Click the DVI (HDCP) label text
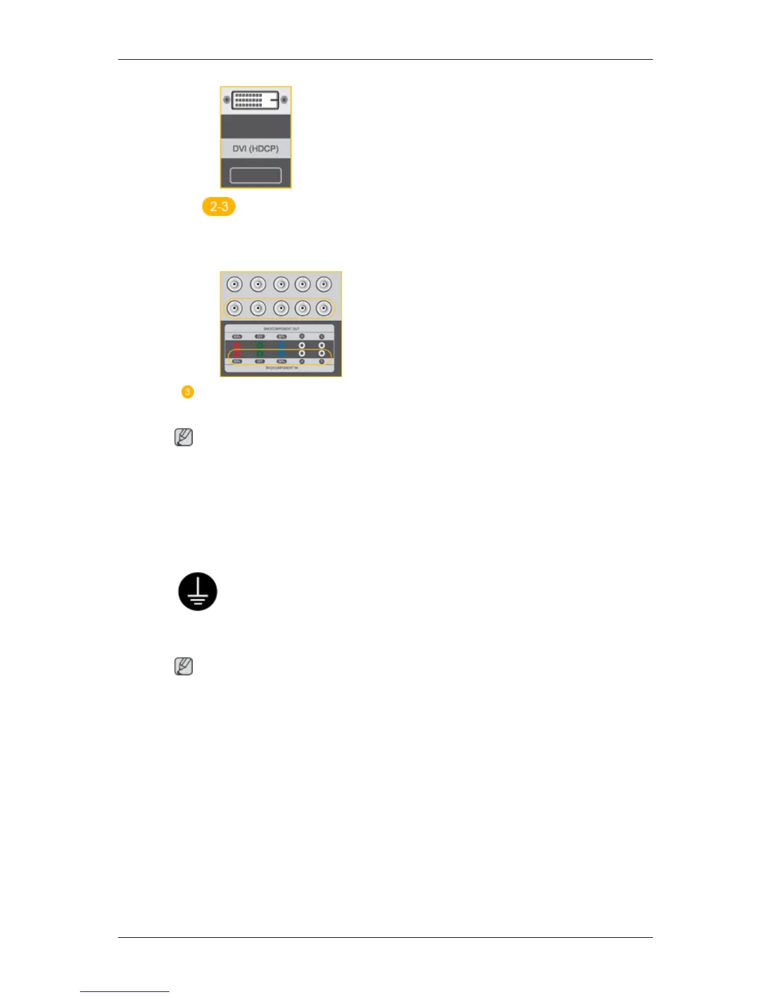[x=255, y=149]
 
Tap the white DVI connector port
[x=255, y=99]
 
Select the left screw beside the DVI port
[x=227, y=99]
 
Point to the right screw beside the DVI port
[x=284, y=99]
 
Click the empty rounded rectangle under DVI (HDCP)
[x=255, y=175]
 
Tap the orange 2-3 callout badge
[x=219, y=206]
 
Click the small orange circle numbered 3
[x=187, y=391]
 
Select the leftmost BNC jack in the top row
[x=234, y=284]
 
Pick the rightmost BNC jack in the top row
[x=324, y=284]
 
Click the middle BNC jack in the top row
[x=281, y=284]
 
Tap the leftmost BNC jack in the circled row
[x=234, y=308]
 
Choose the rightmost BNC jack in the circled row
[x=324, y=308]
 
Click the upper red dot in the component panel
[x=237, y=346]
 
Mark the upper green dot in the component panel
[x=260, y=346]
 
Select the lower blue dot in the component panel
[x=282, y=354]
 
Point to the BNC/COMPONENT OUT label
[x=281, y=329]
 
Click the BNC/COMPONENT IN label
[x=281, y=368]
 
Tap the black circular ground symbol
[x=198, y=592]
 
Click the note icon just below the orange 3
[x=183, y=437]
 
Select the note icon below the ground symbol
[x=183, y=667]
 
